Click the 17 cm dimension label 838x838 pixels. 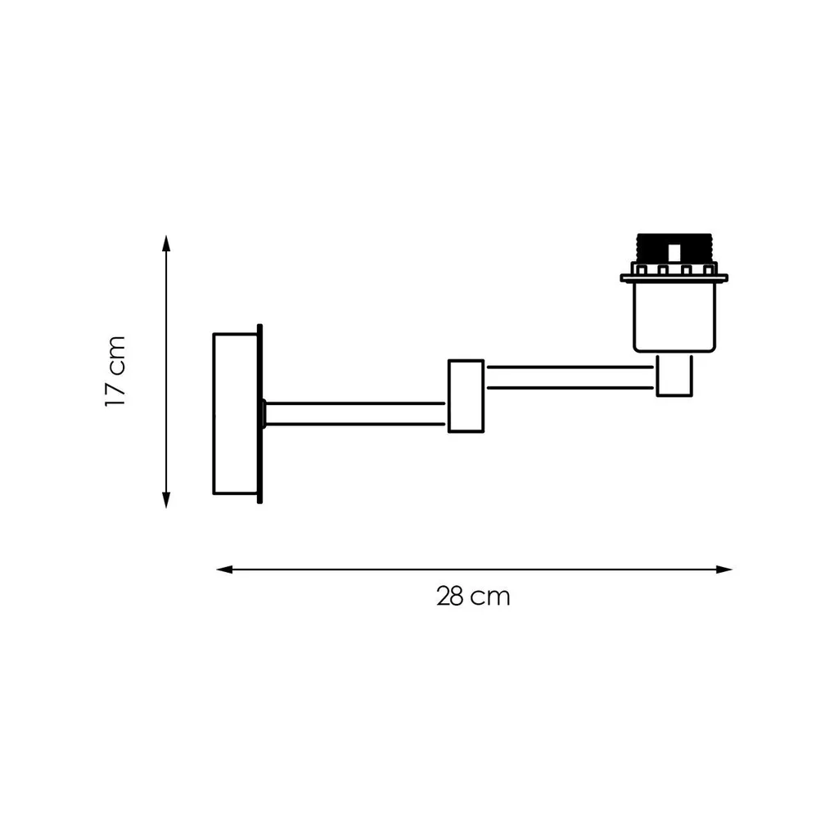click(115, 372)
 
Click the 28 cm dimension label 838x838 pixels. click(473, 597)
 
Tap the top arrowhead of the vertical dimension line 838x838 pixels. click(166, 243)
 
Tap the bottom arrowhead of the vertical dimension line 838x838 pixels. click(166, 500)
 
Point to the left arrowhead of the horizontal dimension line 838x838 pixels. click(224, 570)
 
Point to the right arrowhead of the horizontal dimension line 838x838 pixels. click(723, 570)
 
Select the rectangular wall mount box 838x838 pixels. click(235, 413)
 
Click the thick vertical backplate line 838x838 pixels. click(259, 413)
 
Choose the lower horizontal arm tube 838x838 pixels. click(355, 413)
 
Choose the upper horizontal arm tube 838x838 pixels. click(570, 377)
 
